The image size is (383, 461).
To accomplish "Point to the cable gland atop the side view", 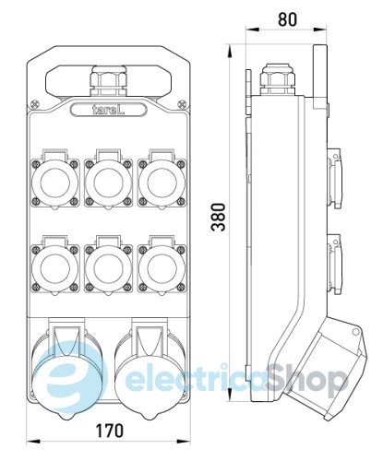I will click(x=274, y=81).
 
